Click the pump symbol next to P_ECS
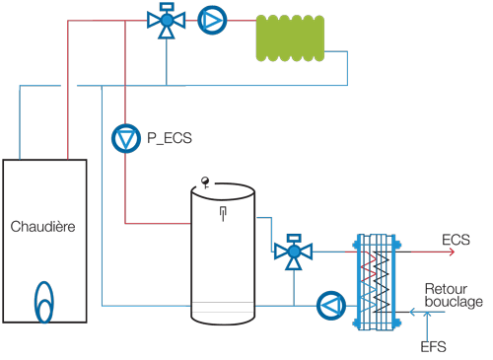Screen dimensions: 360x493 125,139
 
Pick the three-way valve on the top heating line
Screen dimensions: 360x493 167,23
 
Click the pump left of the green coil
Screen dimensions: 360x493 212,19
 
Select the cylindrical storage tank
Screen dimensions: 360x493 223,256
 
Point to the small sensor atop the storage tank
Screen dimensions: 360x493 205,180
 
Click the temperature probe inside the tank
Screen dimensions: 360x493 223,212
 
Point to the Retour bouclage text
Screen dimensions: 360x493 454,295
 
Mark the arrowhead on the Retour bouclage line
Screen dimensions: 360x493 410,314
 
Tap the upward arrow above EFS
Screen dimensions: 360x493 425,324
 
